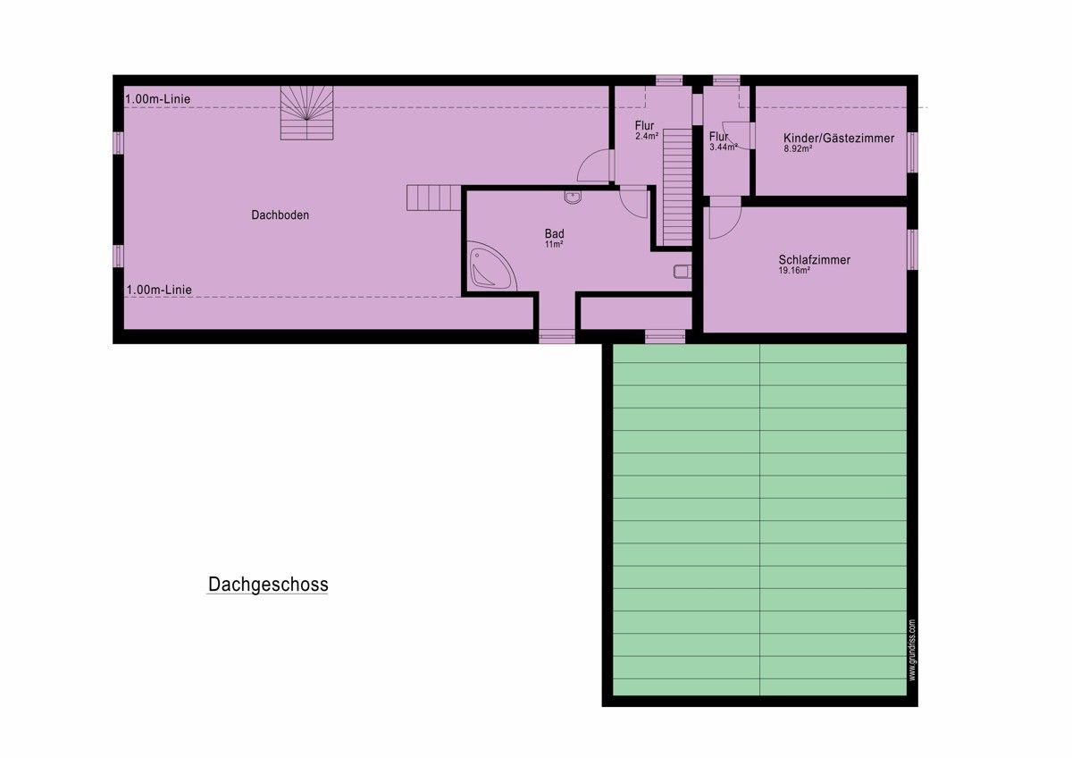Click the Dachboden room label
pyautogui.click(x=280, y=215)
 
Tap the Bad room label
pyautogui.click(x=554, y=233)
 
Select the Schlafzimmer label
pyautogui.click(x=814, y=260)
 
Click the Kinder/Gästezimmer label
pyautogui.click(x=839, y=139)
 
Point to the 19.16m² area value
pyautogui.click(x=794, y=271)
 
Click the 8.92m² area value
pyautogui.click(x=798, y=149)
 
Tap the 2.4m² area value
pyautogui.click(x=647, y=136)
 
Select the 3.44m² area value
pyautogui.click(x=723, y=147)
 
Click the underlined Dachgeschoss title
pyautogui.click(x=268, y=585)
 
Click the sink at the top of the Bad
pyautogui.click(x=573, y=197)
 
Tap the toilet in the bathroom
pyautogui.click(x=683, y=272)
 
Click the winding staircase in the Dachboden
pyautogui.click(x=306, y=113)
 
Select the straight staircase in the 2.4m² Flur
pyautogui.click(x=677, y=187)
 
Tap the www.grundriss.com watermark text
pyautogui.click(x=912, y=650)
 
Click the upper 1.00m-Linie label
pyautogui.click(x=158, y=99)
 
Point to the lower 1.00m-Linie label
pyautogui.click(x=159, y=290)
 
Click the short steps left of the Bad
pyautogui.click(x=434, y=198)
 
